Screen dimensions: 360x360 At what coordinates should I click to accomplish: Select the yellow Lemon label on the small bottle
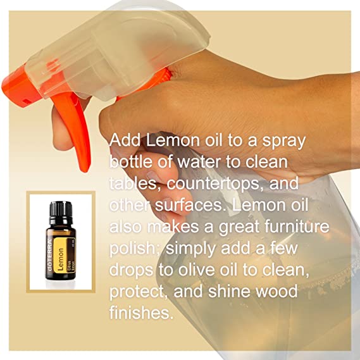click(61, 256)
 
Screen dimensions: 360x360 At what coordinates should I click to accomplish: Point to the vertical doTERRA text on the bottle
click(50, 255)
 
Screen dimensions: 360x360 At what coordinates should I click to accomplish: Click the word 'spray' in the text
click(284, 141)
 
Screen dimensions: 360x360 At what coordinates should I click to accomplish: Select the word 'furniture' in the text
click(297, 227)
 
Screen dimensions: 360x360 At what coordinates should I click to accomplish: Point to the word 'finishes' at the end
click(141, 313)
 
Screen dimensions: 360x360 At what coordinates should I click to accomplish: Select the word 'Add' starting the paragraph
click(125, 140)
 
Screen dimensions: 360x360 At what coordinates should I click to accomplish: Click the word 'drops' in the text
click(132, 270)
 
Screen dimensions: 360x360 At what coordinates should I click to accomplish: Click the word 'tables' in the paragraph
click(133, 183)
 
